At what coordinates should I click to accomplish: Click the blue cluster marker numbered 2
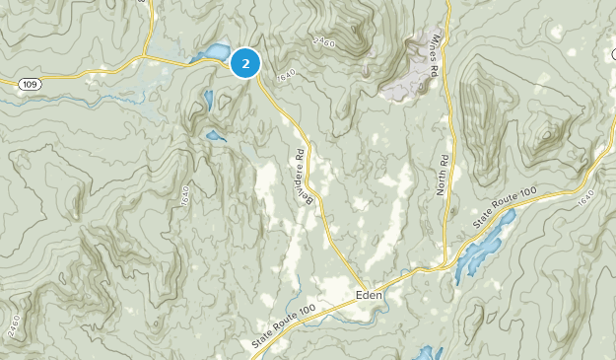click(x=245, y=63)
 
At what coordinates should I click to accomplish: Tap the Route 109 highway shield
click(x=28, y=84)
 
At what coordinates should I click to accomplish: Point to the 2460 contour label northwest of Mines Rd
click(x=322, y=40)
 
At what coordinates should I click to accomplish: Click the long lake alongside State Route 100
click(x=481, y=247)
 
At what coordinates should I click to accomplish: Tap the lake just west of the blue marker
click(x=213, y=54)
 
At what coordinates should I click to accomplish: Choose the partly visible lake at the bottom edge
click(x=427, y=353)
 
